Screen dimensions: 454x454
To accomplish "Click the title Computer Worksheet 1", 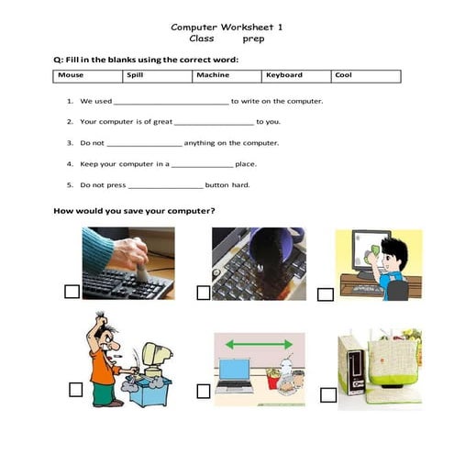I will click(227, 27).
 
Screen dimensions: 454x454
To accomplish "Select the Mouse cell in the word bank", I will click(88, 75).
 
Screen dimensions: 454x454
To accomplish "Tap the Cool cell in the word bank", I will click(366, 75).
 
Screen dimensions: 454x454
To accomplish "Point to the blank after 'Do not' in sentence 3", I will click(144, 144).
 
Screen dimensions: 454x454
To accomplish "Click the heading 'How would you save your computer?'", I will click(135, 211).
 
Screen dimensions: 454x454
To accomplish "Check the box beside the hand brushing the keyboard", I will click(72, 292).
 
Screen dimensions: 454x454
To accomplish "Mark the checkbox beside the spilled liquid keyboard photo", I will click(203, 293).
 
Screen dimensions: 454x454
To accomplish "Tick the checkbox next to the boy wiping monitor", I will click(325, 294).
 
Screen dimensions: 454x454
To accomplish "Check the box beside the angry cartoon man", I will click(74, 390).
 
